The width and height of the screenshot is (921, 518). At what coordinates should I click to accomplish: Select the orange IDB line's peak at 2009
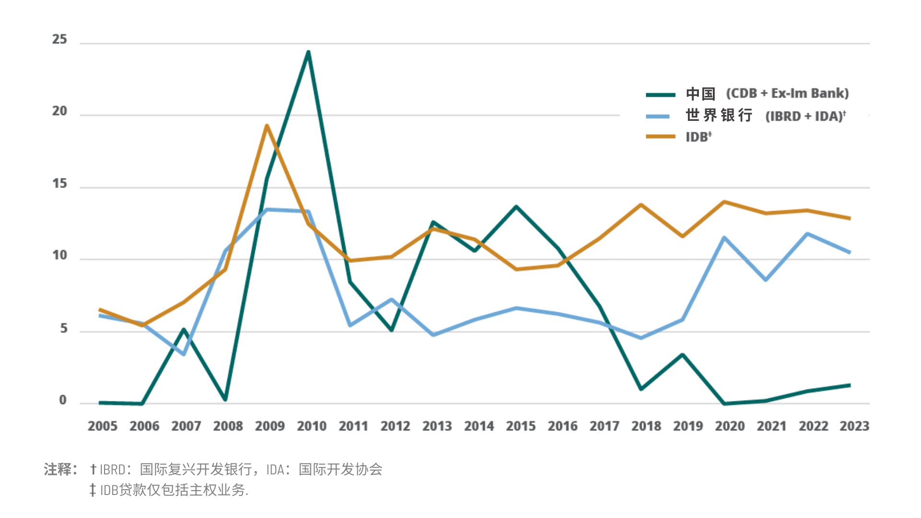[267, 126]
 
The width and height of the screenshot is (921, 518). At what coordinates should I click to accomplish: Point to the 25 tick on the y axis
[59, 39]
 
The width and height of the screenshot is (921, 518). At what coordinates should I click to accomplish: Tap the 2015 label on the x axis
[520, 426]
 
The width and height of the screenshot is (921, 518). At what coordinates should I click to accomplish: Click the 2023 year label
[854, 426]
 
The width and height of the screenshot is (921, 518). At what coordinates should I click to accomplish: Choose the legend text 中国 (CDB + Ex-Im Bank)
[767, 94]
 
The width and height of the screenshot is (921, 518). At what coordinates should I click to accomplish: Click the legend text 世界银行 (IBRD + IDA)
[766, 116]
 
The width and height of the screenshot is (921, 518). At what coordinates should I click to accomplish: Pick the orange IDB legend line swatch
[661, 137]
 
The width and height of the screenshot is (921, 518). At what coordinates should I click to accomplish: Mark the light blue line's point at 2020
[724, 237]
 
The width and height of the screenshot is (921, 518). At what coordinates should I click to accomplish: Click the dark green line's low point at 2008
[225, 399]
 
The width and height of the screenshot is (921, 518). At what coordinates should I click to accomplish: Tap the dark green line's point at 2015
[516, 207]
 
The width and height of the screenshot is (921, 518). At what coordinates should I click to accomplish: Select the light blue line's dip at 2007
[184, 354]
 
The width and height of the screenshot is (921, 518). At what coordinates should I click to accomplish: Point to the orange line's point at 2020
[724, 202]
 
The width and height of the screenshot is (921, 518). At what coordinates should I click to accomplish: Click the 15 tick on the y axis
[59, 184]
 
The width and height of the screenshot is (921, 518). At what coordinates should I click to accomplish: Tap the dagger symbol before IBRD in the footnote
[94, 469]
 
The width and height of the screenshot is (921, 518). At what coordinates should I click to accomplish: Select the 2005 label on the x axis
[102, 426]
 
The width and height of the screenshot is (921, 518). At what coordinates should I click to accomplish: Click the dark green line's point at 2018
[641, 388]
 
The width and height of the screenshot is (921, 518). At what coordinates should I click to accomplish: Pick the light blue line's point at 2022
[808, 234]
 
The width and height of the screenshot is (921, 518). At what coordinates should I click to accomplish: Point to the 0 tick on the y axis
[62, 400]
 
